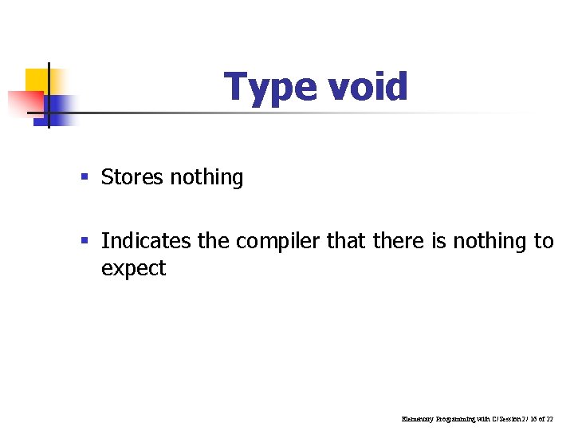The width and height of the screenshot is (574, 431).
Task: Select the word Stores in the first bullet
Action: (x=132, y=176)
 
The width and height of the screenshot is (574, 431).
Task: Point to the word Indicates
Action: (x=147, y=240)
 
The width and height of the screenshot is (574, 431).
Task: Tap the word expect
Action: (x=133, y=269)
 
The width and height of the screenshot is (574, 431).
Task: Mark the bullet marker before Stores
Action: (x=85, y=177)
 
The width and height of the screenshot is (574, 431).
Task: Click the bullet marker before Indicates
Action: (x=85, y=241)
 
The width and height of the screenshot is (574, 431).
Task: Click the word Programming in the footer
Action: (x=456, y=418)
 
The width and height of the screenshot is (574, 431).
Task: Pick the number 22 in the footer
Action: (x=550, y=418)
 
